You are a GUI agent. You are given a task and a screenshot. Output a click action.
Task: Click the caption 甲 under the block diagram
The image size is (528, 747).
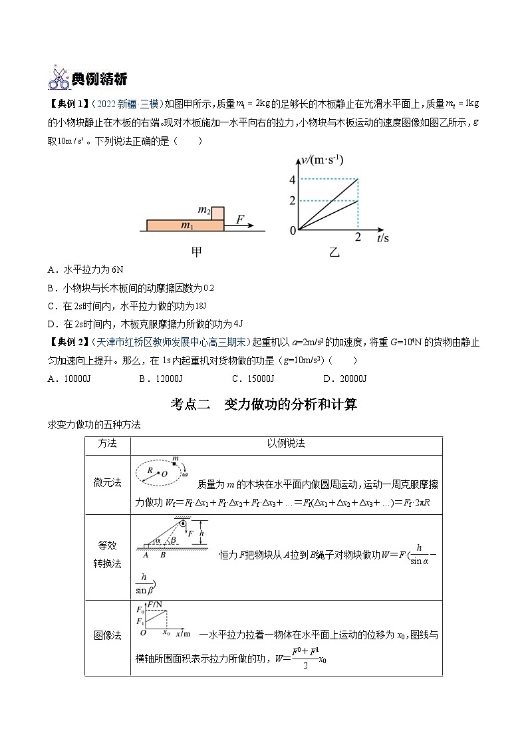click(x=198, y=252)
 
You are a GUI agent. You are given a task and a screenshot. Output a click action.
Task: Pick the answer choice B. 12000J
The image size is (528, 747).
click(x=160, y=378)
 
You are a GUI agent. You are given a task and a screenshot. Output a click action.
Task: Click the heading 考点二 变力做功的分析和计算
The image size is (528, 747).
click(x=264, y=404)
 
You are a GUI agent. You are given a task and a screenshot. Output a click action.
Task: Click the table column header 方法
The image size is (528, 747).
click(x=108, y=444)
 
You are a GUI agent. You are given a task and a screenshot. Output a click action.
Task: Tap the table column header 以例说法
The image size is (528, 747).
click(x=286, y=444)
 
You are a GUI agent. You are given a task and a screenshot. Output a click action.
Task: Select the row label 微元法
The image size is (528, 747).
click(x=108, y=484)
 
